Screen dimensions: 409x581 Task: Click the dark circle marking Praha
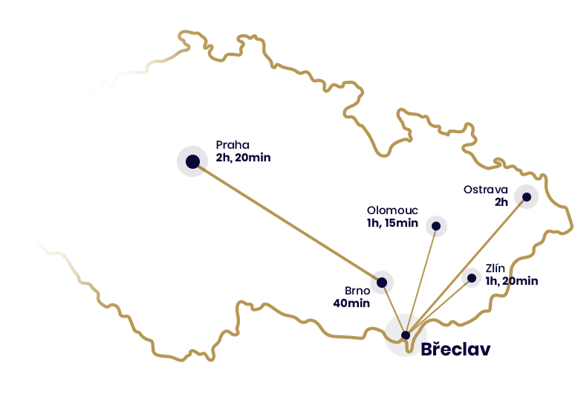192,161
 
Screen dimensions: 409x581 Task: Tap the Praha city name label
233,145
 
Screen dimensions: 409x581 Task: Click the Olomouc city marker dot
437,226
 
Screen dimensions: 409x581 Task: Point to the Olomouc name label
392,210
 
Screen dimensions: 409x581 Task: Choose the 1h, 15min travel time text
392,223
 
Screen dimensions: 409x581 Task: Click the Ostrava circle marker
526,196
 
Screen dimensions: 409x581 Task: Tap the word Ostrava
485,189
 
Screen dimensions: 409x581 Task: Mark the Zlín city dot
471,278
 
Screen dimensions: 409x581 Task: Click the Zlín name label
496,268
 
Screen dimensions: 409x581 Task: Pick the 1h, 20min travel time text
512,280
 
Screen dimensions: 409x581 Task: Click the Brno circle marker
382,282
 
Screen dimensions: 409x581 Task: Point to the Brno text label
357,290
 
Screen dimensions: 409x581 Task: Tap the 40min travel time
351,303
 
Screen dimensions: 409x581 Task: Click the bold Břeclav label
455,350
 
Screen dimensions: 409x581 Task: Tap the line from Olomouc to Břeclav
423,275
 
